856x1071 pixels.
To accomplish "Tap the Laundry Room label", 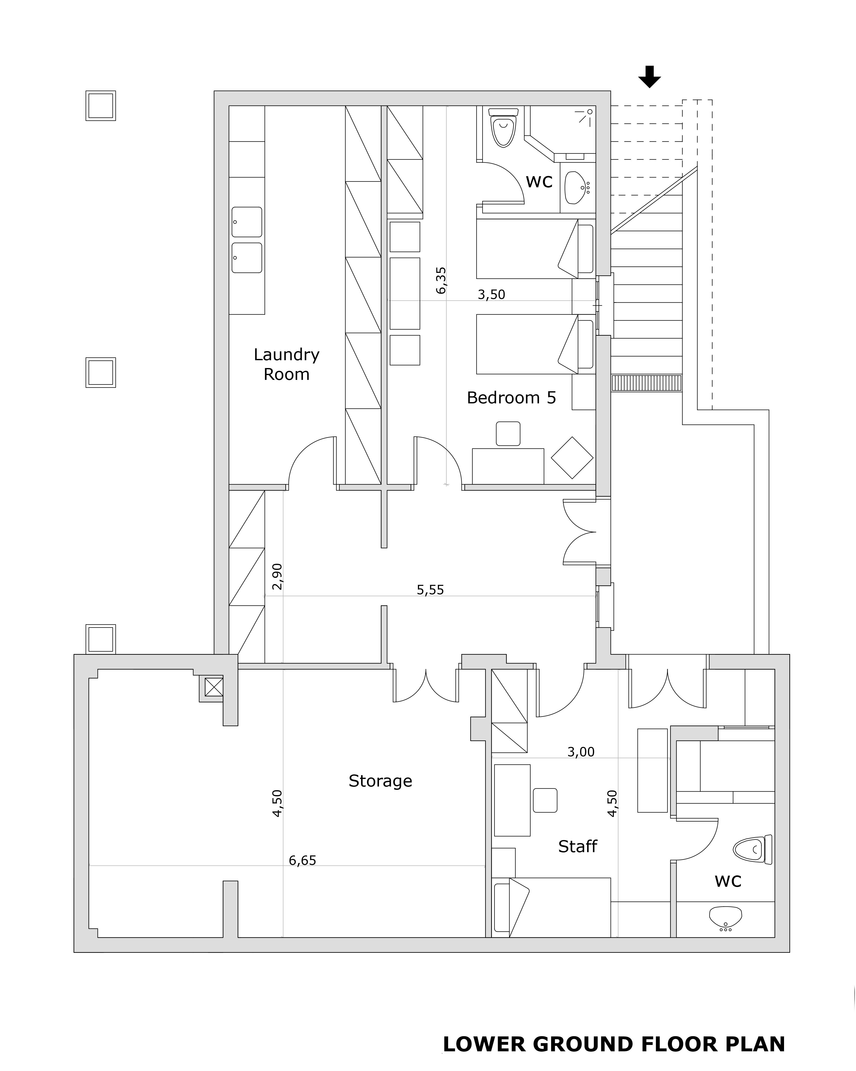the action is tap(287, 364).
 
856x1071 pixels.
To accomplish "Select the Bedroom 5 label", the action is tap(511, 398).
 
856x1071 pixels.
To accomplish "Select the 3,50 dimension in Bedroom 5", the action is tap(491, 295).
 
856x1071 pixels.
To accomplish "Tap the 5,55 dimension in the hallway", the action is tap(430, 590).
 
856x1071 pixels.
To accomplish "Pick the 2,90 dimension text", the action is tap(277, 576).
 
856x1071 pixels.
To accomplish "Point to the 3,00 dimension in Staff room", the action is tap(581, 752).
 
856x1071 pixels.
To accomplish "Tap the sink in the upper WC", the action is tap(577, 188).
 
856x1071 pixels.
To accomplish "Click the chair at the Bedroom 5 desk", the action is tap(508, 434).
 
